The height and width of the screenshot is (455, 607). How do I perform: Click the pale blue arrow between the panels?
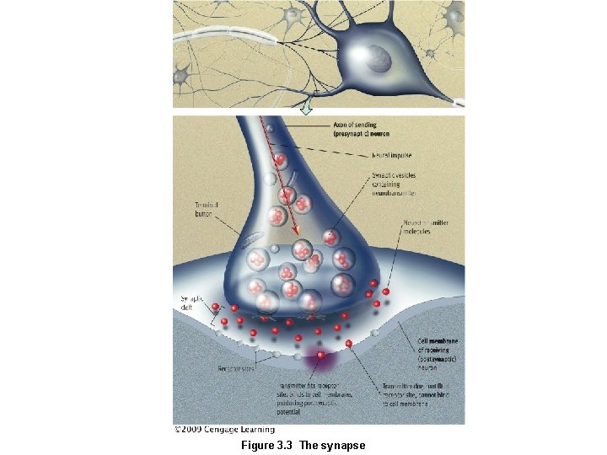[x=307, y=107]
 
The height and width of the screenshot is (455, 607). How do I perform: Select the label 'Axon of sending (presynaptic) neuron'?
[x=361, y=130]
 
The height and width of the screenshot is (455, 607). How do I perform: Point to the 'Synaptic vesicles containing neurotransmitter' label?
[x=394, y=184]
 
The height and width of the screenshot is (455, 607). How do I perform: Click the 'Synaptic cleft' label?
[x=192, y=302]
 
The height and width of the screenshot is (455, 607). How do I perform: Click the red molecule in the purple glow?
[x=321, y=356]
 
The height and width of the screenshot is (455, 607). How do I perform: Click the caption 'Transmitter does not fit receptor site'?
[x=407, y=393]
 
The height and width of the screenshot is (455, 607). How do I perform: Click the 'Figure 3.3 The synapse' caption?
[x=303, y=445]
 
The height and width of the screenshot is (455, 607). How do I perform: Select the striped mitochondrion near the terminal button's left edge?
[x=254, y=244]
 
